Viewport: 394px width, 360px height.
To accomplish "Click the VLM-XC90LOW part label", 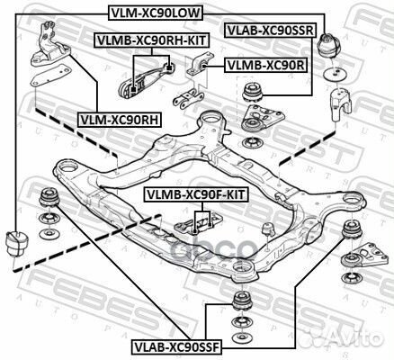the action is (156, 13).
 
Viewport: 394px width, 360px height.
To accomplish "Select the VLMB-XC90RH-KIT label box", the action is (152, 40).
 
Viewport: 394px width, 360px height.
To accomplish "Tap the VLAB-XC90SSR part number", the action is (270, 31).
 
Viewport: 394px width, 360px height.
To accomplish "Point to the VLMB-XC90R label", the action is (265, 65).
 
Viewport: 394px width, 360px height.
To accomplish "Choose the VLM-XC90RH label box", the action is (120, 120).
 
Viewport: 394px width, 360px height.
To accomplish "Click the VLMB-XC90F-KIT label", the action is (196, 195).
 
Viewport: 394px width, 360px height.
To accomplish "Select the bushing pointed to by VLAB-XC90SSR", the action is (252, 94).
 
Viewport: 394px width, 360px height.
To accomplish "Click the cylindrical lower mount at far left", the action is (17, 243).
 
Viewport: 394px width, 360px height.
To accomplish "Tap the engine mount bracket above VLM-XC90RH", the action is (50, 44).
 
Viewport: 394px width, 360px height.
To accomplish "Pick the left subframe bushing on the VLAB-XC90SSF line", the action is (49, 197).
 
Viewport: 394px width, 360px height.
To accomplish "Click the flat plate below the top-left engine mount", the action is (50, 75).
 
